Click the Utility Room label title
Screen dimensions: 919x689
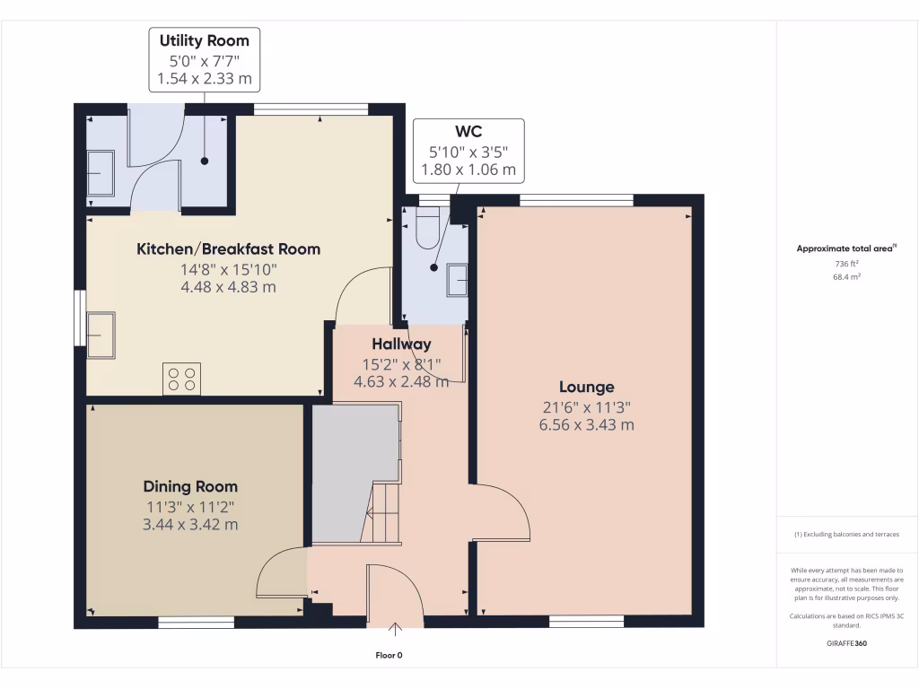pos(205,41)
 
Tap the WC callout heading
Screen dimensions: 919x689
pos(468,132)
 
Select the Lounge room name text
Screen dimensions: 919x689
pos(587,388)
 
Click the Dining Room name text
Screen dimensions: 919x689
pos(190,487)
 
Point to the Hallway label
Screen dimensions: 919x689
pos(401,344)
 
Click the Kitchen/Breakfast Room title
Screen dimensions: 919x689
pos(229,249)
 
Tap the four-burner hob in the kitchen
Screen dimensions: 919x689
pos(181,379)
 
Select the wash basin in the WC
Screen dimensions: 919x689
pos(457,280)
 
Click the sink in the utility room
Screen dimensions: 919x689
pos(101,173)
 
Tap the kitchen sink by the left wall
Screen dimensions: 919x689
pos(101,336)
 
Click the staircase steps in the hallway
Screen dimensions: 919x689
pos(381,512)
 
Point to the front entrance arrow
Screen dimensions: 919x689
pos(395,630)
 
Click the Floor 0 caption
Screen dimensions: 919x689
pos(389,656)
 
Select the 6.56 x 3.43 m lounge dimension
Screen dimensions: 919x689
pos(587,425)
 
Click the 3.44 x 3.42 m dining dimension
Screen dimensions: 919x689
pos(190,525)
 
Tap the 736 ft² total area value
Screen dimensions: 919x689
pos(847,265)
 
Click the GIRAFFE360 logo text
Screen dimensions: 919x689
pos(847,643)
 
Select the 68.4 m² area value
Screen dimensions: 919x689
pos(847,277)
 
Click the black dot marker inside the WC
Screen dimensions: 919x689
pos(433,267)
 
